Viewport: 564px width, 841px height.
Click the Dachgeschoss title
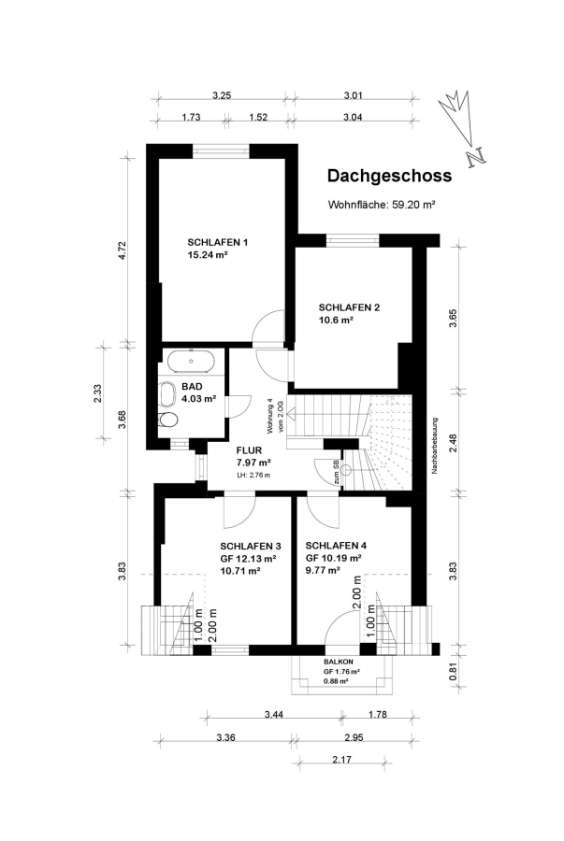coord(390,176)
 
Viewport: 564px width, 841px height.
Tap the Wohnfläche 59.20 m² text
coord(381,205)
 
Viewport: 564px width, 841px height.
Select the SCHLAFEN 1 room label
coord(217,242)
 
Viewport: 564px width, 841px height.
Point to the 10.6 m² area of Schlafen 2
coord(336,321)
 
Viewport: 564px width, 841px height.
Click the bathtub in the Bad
coord(191,362)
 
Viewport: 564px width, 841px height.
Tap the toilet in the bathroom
coord(168,420)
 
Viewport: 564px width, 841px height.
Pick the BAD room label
coord(192,386)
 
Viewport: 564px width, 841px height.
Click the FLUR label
coord(249,450)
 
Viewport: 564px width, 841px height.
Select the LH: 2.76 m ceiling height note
coord(253,476)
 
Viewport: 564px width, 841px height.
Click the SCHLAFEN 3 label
coord(251,546)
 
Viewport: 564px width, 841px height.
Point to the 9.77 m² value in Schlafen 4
coord(323,570)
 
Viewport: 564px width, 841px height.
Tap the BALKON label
coord(339,663)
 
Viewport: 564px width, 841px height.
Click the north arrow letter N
coord(476,157)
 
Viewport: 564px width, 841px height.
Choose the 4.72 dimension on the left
coord(122,250)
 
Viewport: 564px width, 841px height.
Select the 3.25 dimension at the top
coord(222,96)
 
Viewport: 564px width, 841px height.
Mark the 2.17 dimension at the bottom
coord(341,760)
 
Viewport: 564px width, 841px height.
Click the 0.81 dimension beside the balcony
coord(453,672)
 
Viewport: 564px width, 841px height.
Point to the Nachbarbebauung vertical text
coord(434,446)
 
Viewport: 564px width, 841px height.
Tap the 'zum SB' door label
coord(336,472)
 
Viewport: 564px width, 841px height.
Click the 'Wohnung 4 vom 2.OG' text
coord(275,415)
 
